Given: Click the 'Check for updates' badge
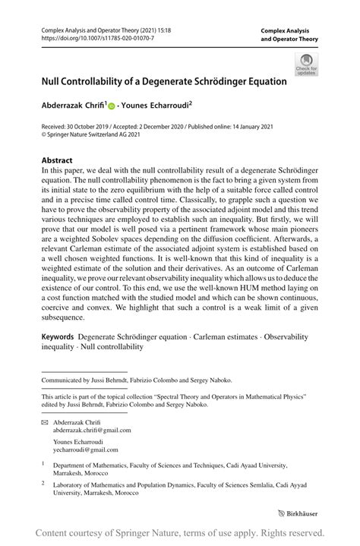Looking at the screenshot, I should click(307, 65).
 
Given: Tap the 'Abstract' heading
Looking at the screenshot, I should click(57, 161).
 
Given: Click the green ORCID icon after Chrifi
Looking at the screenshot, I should click(111, 106).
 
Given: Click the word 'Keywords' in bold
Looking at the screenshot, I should click(58, 336).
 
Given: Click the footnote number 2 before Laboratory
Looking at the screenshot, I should click(44, 481).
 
